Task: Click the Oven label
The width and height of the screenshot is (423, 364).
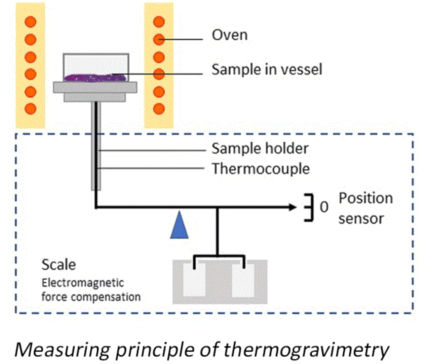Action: point(229,35)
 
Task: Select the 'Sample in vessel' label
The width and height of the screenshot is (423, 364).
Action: point(267,69)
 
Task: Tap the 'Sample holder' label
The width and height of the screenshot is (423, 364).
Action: point(260,149)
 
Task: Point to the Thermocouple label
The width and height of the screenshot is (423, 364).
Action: point(261,169)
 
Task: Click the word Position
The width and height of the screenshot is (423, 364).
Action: point(366,199)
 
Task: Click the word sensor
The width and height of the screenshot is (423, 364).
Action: point(361,219)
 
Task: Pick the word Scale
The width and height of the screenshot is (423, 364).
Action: point(58,265)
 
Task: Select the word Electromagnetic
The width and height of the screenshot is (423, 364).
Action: point(83,283)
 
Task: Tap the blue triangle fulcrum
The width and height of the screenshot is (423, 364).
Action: point(179,226)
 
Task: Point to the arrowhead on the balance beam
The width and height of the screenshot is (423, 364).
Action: point(293,207)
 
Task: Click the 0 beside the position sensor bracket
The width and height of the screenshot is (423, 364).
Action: point(324,207)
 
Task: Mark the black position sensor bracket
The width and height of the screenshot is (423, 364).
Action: point(309,207)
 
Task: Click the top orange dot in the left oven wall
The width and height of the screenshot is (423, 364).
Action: point(30,22)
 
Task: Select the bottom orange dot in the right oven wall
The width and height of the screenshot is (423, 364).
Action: point(159,109)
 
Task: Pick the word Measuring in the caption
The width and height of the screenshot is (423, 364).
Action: point(62,350)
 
